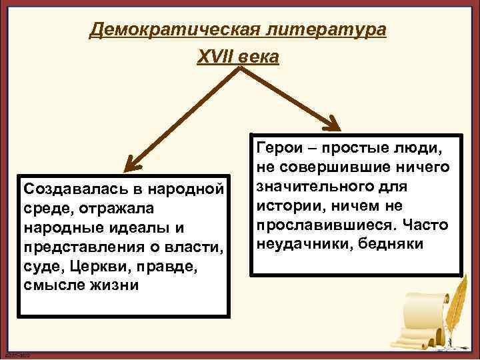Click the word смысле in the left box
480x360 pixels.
click(49, 287)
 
